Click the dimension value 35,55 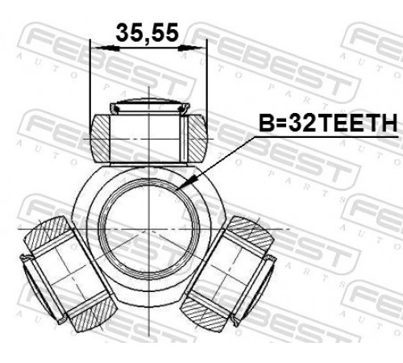coord(147,33)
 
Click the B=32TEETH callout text coord(328,123)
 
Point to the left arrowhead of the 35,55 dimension coord(107,48)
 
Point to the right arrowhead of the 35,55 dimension coord(190,48)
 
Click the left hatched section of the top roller coord(100,138)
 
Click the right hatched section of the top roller coord(197,138)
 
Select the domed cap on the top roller coord(150,102)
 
